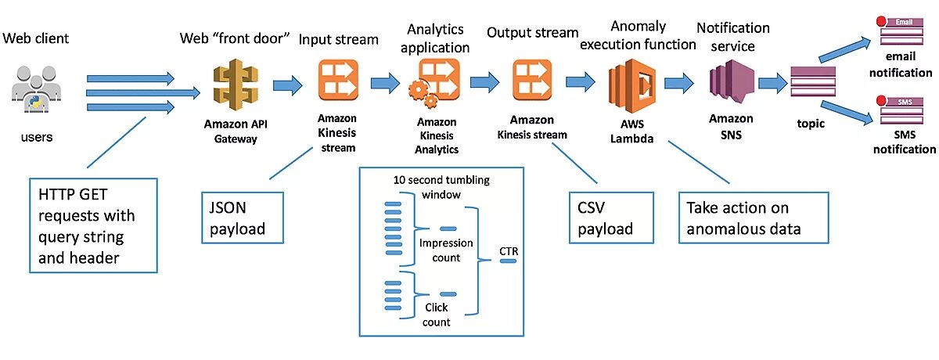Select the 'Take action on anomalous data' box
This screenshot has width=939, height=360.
(752, 218)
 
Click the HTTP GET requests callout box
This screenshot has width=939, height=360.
(93, 225)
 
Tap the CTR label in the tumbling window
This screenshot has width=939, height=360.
(509, 251)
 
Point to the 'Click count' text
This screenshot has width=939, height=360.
(436, 315)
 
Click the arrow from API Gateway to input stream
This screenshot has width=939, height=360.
(287, 84)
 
